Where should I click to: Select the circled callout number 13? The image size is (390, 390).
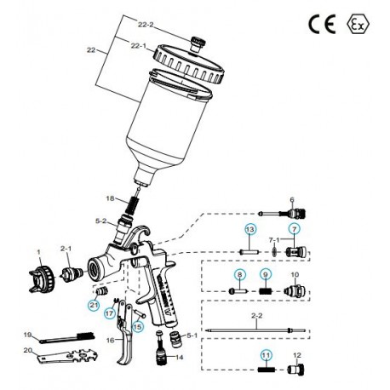click(x=249, y=230)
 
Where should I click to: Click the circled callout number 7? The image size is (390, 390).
click(x=295, y=230)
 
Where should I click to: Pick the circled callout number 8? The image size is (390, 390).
click(x=240, y=273)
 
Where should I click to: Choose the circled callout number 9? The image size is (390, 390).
click(x=266, y=273)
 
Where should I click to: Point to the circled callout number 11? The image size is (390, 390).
click(x=266, y=353)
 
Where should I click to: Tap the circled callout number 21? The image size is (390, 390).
click(x=93, y=304)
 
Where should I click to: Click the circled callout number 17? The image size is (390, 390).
click(x=110, y=313)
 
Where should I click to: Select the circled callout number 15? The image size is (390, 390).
click(x=138, y=324)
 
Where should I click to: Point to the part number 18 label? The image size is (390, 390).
click(x=133, y=198)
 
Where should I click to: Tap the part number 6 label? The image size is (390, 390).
click(x=292, y=201)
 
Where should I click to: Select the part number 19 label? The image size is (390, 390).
click(x=27, y=334)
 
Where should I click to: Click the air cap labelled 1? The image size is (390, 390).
click(x=37, y=276)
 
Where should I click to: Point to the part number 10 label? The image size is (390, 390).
click(x=295, y=273)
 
